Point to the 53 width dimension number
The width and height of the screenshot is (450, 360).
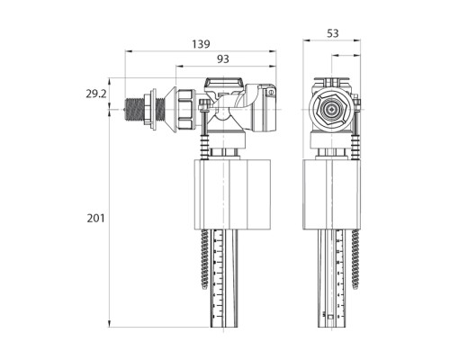(331, 33)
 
